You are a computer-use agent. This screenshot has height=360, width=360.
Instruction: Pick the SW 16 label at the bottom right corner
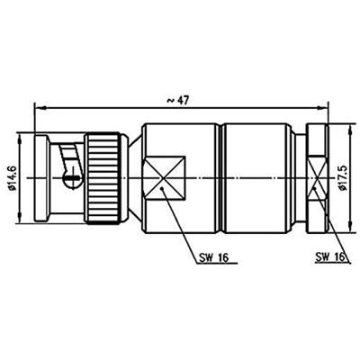point(331,257)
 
